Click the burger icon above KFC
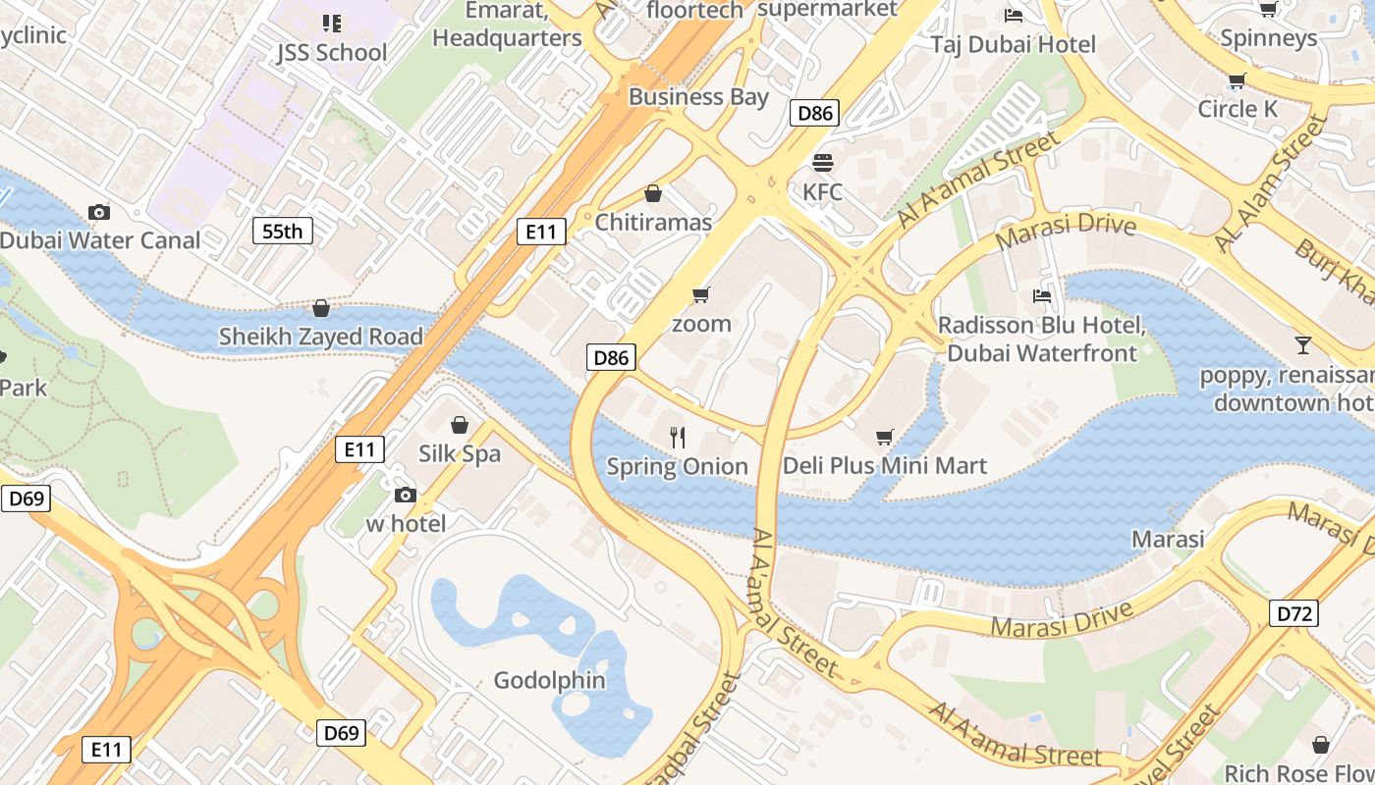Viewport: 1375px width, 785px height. pos(822,162)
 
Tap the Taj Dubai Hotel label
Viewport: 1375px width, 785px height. pos(1013,44)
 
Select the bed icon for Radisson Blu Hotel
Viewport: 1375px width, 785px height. pos(1041,295)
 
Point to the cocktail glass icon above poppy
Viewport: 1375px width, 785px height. pos(1302,344)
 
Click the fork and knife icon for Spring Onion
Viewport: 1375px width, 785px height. pos(677,438)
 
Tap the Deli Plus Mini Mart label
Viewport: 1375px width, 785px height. pos(884,465)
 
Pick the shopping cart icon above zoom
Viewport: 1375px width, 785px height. pos(700,294)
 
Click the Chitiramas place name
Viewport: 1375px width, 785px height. pos(653,223)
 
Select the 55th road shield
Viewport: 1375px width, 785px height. pos(283,232)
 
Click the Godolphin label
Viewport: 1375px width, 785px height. pos(549,680)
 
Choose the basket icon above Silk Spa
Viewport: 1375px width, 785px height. pos(459,425)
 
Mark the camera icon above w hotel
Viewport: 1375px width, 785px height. pos(405,496)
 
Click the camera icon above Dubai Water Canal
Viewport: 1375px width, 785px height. pos(98,212)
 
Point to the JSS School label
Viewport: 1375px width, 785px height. pos(332,52)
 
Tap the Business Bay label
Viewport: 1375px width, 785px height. pos(698,96)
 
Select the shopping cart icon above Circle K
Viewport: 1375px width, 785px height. pos(1237,80)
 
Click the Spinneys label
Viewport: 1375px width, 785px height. pos(1268,38)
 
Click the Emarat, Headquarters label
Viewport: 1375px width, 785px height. pos(507,25)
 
